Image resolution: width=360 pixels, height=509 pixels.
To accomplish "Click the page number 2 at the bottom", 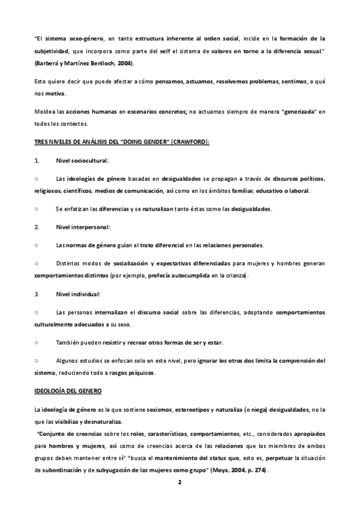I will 179,482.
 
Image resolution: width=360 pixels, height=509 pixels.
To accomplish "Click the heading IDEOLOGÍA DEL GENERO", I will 68,391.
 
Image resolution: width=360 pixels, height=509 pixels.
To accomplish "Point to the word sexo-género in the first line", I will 82,38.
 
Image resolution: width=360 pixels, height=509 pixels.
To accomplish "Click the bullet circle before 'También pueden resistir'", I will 37,342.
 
